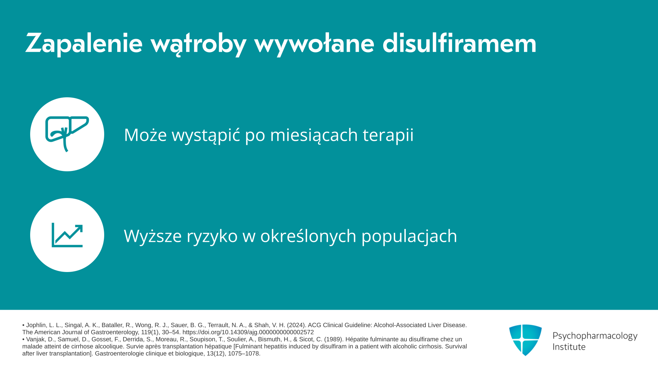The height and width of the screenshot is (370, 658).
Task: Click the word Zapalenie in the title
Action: coord(84,44)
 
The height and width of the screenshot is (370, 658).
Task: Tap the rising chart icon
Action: coord(67,235)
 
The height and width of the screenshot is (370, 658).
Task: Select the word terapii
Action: coord(388,135)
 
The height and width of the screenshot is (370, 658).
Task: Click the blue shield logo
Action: coord(525,340)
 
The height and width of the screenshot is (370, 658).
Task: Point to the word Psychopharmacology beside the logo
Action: coord(595,336)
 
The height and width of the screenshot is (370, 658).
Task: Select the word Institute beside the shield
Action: coord(569,347)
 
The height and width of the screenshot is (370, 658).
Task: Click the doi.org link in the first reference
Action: coord(248,332)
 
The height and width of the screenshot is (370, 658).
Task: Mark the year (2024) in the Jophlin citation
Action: coord(296,325)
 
